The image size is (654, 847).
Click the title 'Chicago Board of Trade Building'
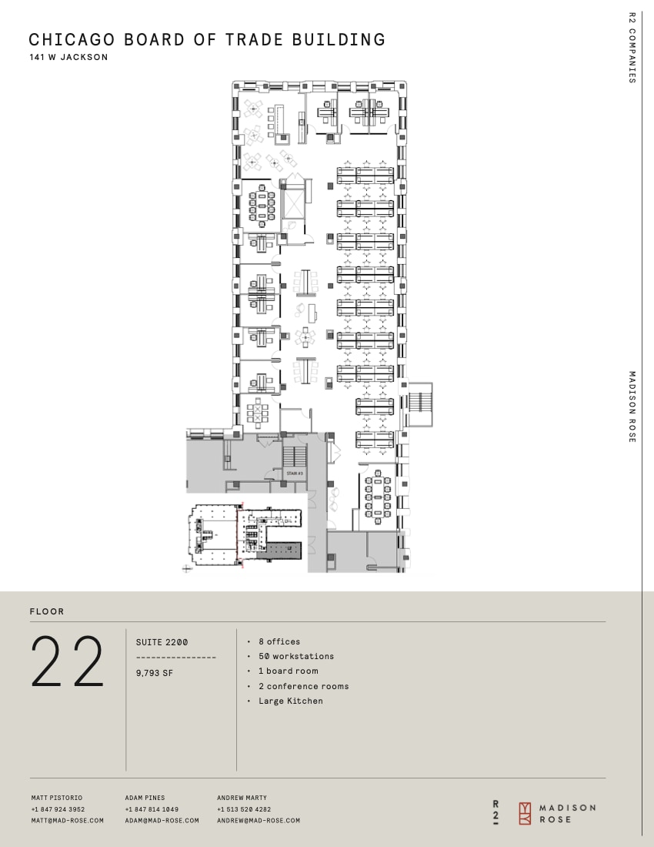pos(207,40)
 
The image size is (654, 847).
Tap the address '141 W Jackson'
pos(68,58)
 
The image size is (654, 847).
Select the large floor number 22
pos(67,661)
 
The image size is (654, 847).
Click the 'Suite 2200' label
pos(162,642)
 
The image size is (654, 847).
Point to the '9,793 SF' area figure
pos(155,672)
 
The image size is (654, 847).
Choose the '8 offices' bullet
pos(279,641)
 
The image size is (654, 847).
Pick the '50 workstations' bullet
pos(296,656)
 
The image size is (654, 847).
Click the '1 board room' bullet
pos(288,671)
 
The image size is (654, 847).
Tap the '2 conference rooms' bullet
pos(303,686)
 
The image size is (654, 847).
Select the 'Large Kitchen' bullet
pos(291,701)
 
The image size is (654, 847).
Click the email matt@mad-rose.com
pos(68,821)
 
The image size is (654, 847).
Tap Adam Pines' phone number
pos(152,809)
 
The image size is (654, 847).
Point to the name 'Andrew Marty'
pos(242,798)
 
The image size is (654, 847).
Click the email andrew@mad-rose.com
pos(259,821)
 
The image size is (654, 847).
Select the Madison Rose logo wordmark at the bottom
pos(567,813)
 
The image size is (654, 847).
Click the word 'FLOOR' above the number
pos(47,611)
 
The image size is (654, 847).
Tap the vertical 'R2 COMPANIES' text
pos(632,47)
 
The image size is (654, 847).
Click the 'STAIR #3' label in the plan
pos(293,473)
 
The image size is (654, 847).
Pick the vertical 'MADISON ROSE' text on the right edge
pos(632,407)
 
